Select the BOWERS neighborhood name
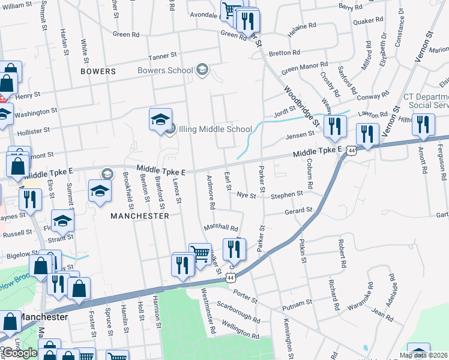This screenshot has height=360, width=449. [x=98, y=71]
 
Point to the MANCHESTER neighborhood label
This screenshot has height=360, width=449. [x=139, y=215]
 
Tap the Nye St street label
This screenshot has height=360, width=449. [x=243, y=195]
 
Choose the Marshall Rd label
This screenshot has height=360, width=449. [x=221, y=228]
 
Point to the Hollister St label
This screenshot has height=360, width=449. [x=33, y=131]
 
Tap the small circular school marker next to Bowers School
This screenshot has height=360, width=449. [x=202, y=70]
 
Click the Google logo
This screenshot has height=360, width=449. [x=20, y=353]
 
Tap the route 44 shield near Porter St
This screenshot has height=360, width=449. [x=231, y=278]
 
